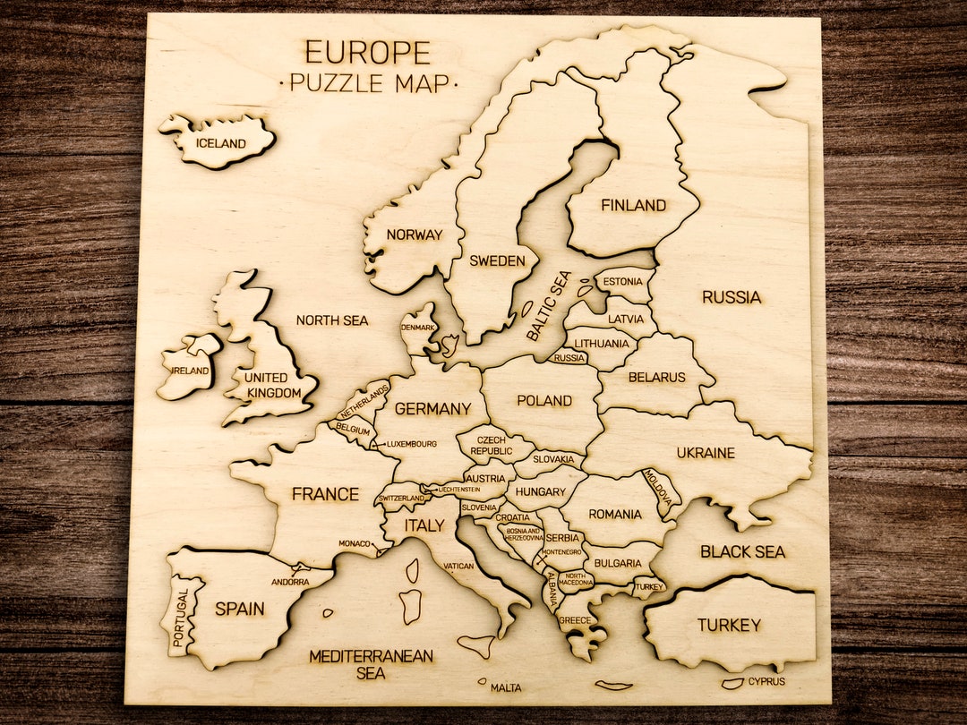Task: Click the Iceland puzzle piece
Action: (219, 142)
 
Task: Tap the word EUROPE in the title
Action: (367, 52)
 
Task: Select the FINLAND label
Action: (633, 206)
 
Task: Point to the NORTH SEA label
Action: (332, 320)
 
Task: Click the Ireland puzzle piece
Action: (189, 367)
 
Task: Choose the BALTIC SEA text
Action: (547, 306)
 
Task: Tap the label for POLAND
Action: (544, 401)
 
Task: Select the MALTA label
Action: (505, 687)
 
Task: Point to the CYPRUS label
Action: (767, 681)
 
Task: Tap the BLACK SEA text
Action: (742, 551)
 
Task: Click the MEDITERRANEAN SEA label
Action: (371, 664)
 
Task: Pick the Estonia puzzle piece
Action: (623, 283)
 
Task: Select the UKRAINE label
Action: (706, 453)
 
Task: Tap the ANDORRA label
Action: (290, 582)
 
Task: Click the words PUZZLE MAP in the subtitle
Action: (368, 83)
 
